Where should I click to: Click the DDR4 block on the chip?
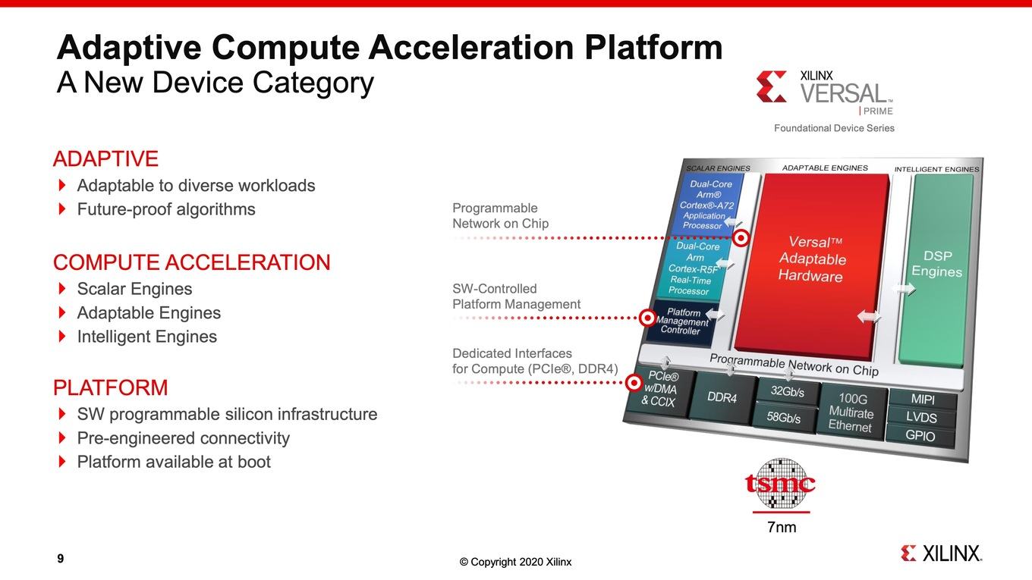point(722,397)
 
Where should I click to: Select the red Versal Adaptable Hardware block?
point(812,265)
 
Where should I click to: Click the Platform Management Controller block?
point(682,321)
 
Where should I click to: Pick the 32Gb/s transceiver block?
point(788,391)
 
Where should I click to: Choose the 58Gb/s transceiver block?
point(783,416)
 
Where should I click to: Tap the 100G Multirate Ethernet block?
point(851,411)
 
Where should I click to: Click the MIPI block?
point(923,399)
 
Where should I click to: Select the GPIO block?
point(920,435)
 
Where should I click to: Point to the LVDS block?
point(921,417)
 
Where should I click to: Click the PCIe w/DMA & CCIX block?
point(659,389)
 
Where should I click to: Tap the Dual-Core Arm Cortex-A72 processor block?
point(707,204)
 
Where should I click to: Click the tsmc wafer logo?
point(780,484)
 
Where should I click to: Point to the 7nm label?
point(782,527)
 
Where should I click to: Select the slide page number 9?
point(61,558)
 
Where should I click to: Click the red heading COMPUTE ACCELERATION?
point(192,262)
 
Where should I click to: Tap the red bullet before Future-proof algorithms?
point(62,209)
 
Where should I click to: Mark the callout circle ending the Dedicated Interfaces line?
point(634,383)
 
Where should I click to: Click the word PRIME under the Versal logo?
point(878,111)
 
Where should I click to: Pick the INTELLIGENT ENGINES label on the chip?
point(936,169)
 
